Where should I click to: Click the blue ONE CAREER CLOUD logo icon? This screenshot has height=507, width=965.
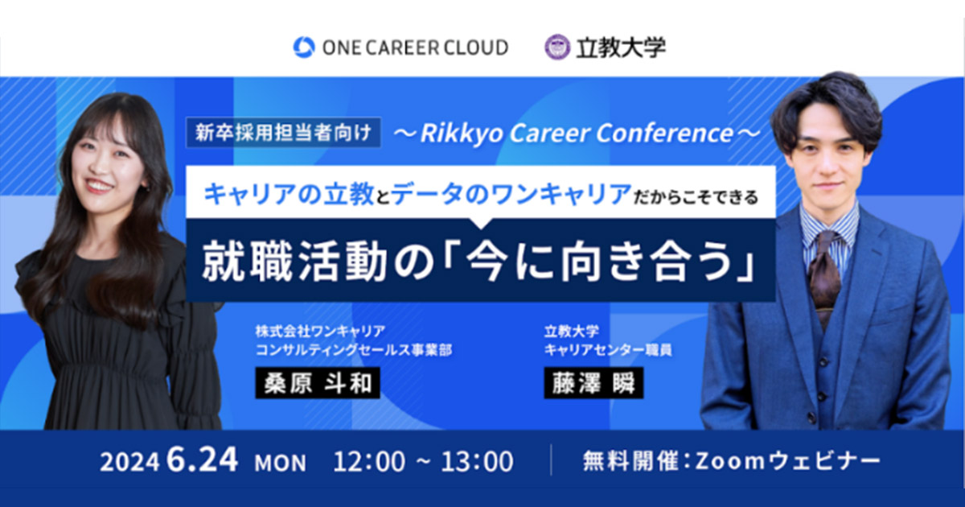pos(304,47)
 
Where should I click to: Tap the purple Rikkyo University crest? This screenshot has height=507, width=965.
pos(557,47)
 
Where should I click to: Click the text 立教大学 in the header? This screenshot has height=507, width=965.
pos(621,47)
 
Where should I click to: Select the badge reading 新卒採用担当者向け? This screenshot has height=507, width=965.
pos(283,132)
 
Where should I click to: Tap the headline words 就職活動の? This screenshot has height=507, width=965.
pos(318,262)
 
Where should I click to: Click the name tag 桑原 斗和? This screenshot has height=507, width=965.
pos(318,383)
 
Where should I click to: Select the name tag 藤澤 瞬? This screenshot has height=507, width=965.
pos(593,383)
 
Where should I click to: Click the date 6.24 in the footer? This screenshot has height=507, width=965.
pos(202,460)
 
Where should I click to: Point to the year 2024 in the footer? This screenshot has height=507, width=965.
pos(129,462)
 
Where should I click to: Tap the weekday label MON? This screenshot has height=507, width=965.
pos(280,463)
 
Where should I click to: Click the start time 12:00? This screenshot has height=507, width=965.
pos(369,461)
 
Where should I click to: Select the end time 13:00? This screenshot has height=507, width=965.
pos(478,461)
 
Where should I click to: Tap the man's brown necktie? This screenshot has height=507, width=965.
pos(824,277)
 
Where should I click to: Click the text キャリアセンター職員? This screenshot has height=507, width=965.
pos(608,350)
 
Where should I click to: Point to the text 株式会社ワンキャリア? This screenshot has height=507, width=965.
pos(320,331)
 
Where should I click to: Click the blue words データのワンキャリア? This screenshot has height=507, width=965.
pos(511,195)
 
